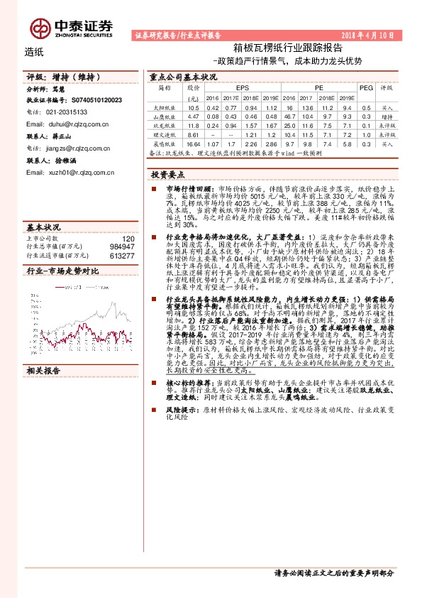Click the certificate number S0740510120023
click(96, 101)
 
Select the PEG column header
click(366, 87)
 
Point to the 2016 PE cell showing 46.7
click(289, 116)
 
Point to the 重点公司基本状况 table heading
click(183, 75)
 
